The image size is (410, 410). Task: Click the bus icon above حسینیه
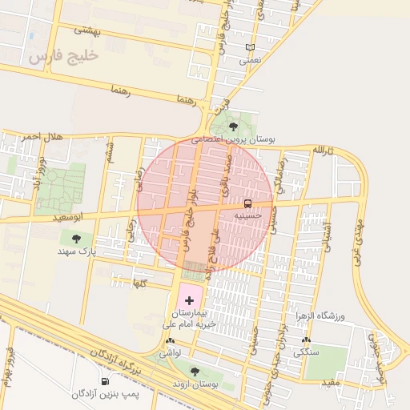click(247, 203)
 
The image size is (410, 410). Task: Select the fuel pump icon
click(104, 381)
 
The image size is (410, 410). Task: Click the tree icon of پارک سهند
click(76, 238)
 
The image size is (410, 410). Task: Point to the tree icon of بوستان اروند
click(194, 371)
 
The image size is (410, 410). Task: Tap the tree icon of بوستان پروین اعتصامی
click(233, 126)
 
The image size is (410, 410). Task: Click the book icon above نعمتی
click(251, 47)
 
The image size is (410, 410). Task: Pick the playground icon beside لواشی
click(170, 341)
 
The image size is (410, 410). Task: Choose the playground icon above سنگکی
click(304, 340)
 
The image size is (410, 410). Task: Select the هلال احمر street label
click(42, 136)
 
